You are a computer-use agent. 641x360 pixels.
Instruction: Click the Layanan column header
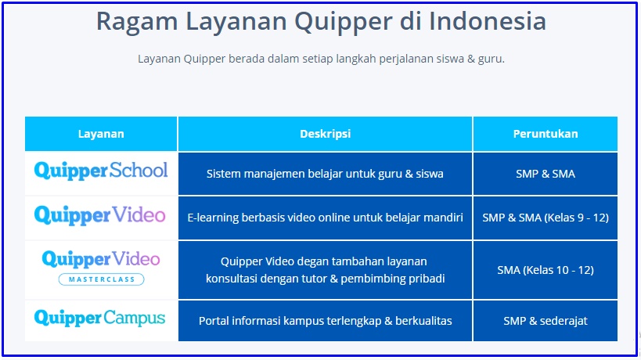coord(101,134)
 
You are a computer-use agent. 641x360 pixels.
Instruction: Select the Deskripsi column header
coord(325,134)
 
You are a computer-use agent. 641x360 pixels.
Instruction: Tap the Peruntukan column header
coord(546,134)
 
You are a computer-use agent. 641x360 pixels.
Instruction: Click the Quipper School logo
coord(101,171)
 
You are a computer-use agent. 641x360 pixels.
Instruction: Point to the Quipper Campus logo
coord(99,319)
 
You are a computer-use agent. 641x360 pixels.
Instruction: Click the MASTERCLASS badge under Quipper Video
coord(102,279)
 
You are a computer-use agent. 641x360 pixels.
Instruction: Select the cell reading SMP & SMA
coord(546,174)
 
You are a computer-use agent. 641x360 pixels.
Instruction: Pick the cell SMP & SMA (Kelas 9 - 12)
coord(546,218)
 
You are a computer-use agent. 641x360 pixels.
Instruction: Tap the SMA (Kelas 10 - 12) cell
coord(546,270)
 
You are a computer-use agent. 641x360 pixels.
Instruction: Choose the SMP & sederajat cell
coord(546,321)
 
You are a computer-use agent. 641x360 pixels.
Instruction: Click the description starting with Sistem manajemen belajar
coord(325,174)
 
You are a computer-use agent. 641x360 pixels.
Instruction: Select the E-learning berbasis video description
coord(325,218)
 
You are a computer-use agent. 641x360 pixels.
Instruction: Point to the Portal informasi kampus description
coord(325,321)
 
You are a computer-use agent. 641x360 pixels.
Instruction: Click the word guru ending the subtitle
coord(491,59)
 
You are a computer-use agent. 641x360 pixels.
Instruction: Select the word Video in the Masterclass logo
coord(136,259)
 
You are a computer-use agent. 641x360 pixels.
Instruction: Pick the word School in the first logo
coord(139,170)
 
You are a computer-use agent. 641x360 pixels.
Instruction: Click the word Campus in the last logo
coord(134,319)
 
